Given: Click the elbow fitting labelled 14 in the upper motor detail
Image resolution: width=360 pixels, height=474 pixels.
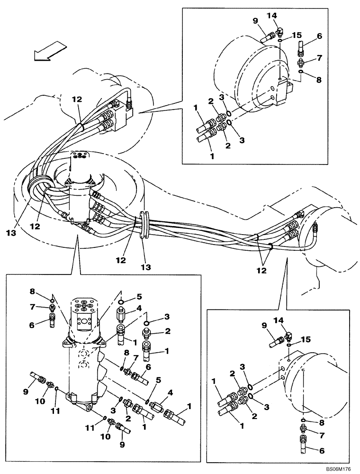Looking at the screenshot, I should point(279,31).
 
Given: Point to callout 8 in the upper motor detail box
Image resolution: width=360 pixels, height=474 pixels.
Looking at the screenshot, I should point(319,80).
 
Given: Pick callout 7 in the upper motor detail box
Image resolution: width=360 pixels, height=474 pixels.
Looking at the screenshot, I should point(319,58).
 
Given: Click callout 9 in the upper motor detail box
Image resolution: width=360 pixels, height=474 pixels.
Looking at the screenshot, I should point(256,21).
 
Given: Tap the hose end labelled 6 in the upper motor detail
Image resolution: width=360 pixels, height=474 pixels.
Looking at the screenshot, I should point(300,47).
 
